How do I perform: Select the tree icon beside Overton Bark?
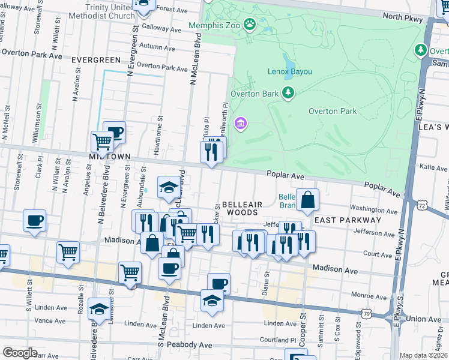289,92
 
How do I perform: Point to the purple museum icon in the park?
241,124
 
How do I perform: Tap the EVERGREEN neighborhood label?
96,60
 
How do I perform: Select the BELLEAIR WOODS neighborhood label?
240,208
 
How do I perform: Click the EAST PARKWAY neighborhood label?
348,220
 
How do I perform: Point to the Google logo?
20,353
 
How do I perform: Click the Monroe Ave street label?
367,295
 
